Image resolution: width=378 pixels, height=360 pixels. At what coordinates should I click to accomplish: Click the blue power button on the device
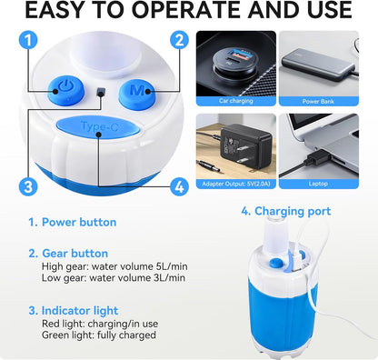pos(65,90)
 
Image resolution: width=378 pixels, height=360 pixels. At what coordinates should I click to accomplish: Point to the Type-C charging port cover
pos(98,126)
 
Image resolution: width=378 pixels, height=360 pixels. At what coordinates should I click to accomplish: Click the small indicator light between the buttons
pos(101,92)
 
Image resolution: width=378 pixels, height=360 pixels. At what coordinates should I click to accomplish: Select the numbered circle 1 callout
pos(28,41)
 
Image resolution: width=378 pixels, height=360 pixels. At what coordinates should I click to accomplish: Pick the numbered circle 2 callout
pos(179,40)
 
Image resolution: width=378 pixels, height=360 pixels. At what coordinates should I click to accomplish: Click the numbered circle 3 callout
pos(28,186)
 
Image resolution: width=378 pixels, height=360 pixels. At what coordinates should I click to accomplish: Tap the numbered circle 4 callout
pos(179,186)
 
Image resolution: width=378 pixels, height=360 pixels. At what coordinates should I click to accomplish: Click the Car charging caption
pos(236,101)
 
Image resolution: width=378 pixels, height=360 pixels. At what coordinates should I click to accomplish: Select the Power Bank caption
pos(318,102)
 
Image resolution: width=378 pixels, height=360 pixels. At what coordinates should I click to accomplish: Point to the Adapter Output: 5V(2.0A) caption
pos(236,184)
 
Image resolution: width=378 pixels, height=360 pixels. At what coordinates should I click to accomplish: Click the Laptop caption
pos(318,184)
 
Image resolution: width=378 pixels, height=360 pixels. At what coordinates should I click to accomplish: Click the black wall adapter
pos(245,146)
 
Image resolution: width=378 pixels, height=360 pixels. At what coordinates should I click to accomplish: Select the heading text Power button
pos(79,222)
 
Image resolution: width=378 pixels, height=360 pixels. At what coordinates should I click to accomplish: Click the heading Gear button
pos(75,254)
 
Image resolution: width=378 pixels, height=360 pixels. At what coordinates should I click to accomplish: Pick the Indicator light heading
pos(80,311)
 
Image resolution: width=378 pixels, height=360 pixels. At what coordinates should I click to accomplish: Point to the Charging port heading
pos(293,211)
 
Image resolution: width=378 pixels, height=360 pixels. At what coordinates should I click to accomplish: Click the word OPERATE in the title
pos(187,10)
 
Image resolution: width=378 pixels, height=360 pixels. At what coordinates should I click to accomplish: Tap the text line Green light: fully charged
pos(99,335)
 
